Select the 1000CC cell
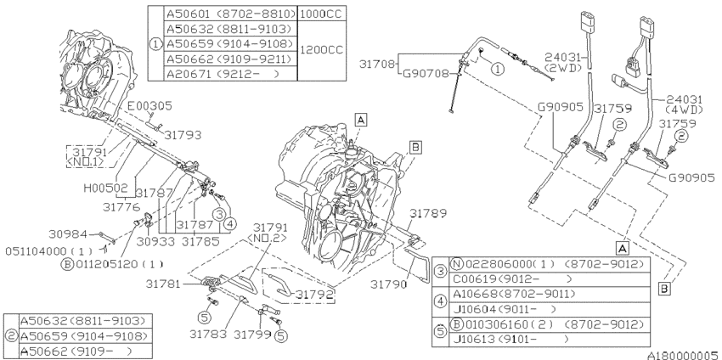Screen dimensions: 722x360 (x=321, y=14)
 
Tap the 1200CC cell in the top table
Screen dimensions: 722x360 (x=321, y=50)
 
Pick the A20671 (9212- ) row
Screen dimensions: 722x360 (x=223, y=74)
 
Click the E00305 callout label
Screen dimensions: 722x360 (x=149, y=106)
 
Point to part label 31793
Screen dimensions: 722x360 (x=183, y=135)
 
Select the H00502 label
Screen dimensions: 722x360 (x=105, y=188)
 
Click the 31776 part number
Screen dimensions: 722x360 (x=121, y=207)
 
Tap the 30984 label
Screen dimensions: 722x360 (x=68, y=234)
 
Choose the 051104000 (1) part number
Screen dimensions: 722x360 (x=48, y=251)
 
